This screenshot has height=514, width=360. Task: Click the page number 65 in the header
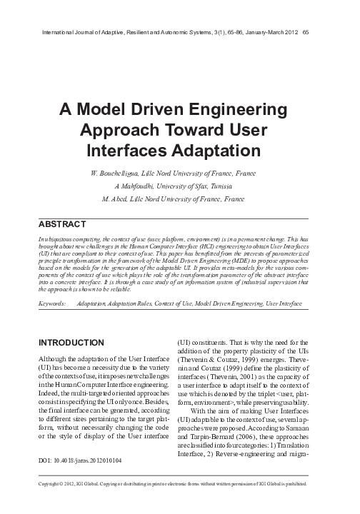[x=305, y=31]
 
